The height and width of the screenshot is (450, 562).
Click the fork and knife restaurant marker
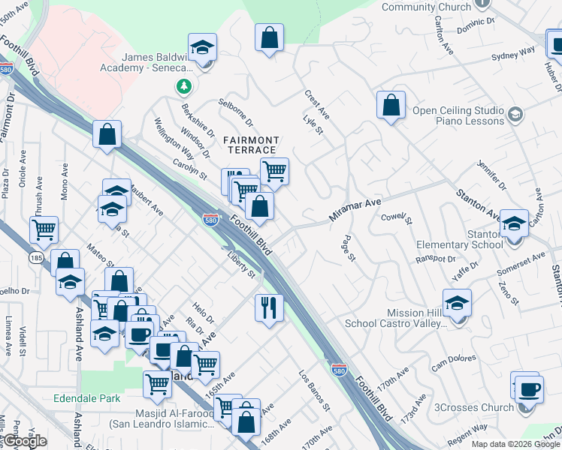pos(269,307)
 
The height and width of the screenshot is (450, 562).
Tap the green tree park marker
pos(183,87)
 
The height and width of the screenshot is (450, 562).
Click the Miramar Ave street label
pos(355,209)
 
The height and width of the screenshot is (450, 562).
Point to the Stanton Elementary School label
pos(464,238)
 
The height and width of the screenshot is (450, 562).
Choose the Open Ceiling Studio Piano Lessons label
pos(458,115)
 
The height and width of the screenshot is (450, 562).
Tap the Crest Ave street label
pos(316,104)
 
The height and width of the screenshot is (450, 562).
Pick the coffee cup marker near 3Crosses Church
pos(528,389)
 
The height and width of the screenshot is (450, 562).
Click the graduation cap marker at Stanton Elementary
pos(515,223)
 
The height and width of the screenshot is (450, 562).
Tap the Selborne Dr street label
pos(236,112)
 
